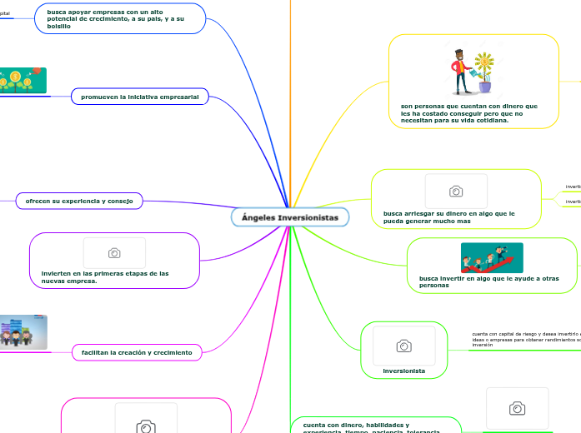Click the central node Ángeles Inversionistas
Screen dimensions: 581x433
[x=289, y=217]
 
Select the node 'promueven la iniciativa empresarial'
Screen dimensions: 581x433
[x=139, y=97]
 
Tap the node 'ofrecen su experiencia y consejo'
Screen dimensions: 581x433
[x=79, y=201]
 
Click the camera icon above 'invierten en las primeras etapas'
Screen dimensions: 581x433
[x=114, y=252]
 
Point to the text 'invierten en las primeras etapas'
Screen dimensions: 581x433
[x=105, y=276]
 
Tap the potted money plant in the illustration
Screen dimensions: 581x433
[x=484, y=72]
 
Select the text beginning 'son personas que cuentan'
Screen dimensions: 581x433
[x=468, y=112]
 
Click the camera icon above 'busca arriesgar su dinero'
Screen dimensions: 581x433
[x=456, y=191]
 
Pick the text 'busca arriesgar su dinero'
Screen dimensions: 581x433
[x=448, y=217]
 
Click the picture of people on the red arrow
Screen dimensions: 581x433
[x=492, y=257]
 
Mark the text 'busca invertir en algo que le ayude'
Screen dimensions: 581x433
[x=488, y=281]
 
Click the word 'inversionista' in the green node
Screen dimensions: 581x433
[x=403, y=370]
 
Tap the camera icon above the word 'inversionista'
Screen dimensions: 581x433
[x=403, y=345]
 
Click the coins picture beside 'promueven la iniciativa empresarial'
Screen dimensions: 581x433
[x=23, y=81]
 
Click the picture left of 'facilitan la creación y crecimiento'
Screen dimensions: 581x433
[x=23, y=331]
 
